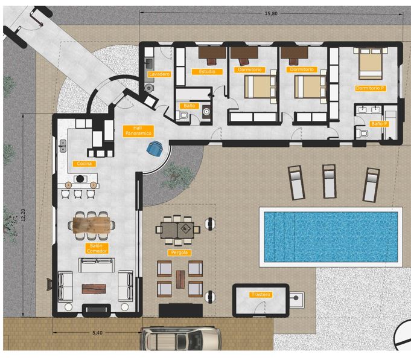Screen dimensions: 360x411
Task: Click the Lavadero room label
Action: (x=159, y=74)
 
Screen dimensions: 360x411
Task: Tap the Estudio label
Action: (x=206, y=72)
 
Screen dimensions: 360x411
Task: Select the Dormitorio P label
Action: (x=370, y=88)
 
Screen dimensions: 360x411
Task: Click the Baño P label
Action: (x=378, y=124)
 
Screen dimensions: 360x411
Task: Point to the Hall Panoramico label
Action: (x=138, y=130)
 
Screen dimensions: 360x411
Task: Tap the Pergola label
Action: (x=179, y=252)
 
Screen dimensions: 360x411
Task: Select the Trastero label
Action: (x=260, y=295)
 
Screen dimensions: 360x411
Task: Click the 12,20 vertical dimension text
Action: (x=23, y=216)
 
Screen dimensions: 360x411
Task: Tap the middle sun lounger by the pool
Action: (x=330, y=181)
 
